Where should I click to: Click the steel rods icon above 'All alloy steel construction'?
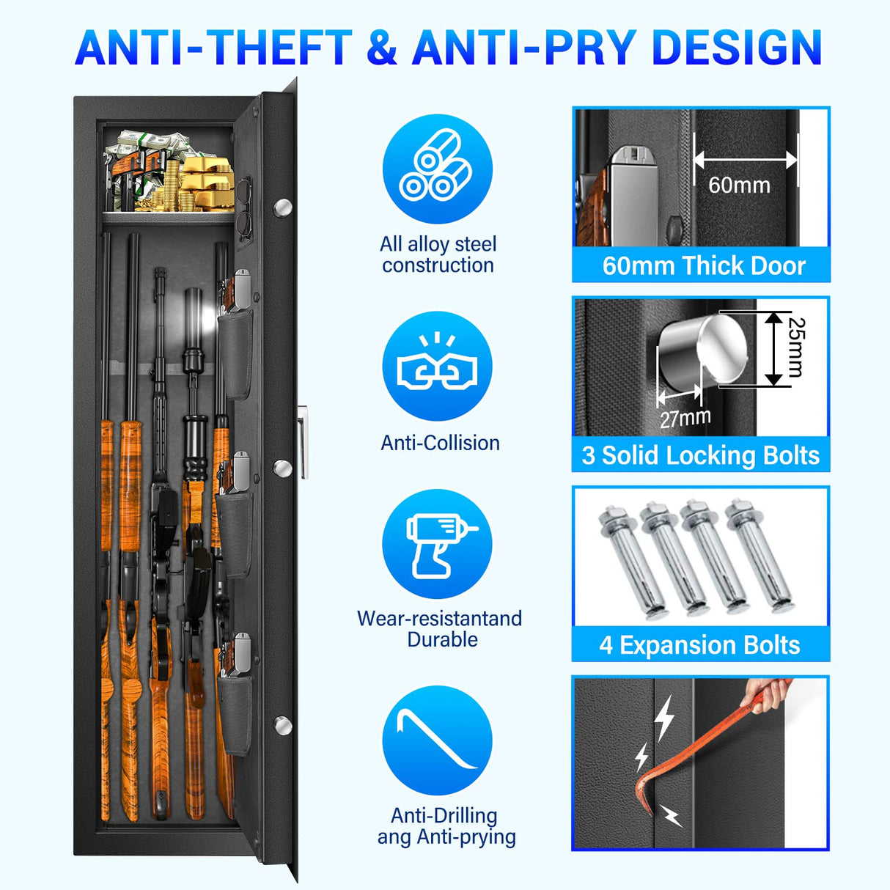tap(437, 169)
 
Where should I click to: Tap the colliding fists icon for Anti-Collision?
tap(437, 367)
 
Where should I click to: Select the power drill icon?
tap(437, 544)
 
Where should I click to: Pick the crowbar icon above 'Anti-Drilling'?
tap(437, 740)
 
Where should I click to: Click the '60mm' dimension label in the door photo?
tap(739, 185)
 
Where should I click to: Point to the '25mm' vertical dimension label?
tap(795, 347)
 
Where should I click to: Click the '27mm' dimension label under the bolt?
tap(685, 419)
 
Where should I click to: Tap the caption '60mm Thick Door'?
tap(703, 265)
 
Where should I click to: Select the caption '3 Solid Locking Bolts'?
tap(700, 455)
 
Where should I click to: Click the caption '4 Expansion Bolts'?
tap(699, 645)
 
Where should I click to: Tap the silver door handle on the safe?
tap(302, 444)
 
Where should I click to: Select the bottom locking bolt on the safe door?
tap(282, 724)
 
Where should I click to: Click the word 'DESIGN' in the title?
tap(736, 48)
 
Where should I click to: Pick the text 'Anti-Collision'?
tap(440, 443)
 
